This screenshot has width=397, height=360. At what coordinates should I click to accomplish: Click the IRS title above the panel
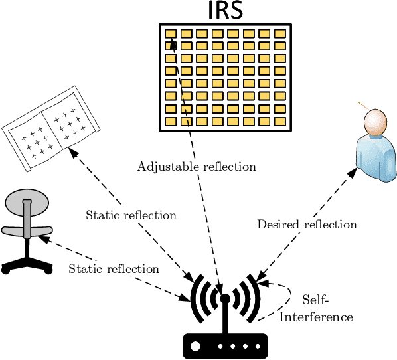pos(225,11)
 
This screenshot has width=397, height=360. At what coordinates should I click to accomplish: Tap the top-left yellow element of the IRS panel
pos(171,33)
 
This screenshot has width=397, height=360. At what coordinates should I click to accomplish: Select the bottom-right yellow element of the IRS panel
pos(280,121)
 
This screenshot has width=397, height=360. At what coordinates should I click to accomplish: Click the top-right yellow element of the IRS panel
pos(280,33)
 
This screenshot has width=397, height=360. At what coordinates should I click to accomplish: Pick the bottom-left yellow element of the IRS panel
pos(171,121)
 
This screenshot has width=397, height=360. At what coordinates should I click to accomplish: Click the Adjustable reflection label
pos(197,166)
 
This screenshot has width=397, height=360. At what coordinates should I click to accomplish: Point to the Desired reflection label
pos(307,225)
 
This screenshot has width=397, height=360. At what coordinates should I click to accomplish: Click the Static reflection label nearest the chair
pos(114,269)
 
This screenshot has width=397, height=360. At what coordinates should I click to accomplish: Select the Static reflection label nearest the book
pos(131,215)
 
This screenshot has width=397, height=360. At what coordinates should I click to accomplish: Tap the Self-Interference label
pos(315,309)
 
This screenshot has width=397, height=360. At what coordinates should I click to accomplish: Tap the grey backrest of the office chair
pos(27,201)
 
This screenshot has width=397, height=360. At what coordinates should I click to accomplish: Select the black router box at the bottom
pos(225,346)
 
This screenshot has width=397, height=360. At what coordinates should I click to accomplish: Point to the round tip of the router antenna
pos(225,298)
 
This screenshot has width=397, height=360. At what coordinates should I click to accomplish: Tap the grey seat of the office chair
pos(27,230)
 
